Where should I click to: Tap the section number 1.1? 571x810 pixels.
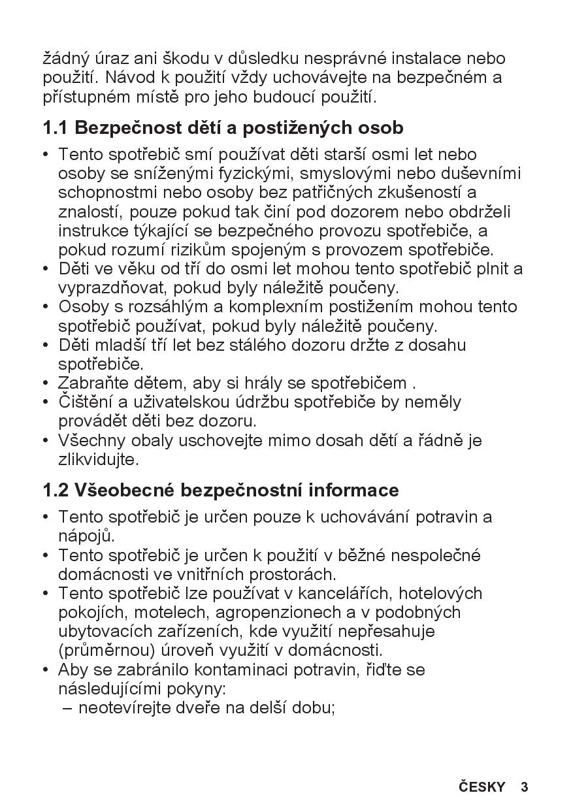point(56,127)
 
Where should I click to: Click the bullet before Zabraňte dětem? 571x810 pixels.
point(46,383)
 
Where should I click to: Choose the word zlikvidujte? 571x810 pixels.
point(99,459)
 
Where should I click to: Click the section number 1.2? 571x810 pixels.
point(56,490)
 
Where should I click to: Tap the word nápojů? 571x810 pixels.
point(86,536)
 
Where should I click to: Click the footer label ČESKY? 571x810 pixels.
point(482,786)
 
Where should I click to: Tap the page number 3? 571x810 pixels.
point(524,786)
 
